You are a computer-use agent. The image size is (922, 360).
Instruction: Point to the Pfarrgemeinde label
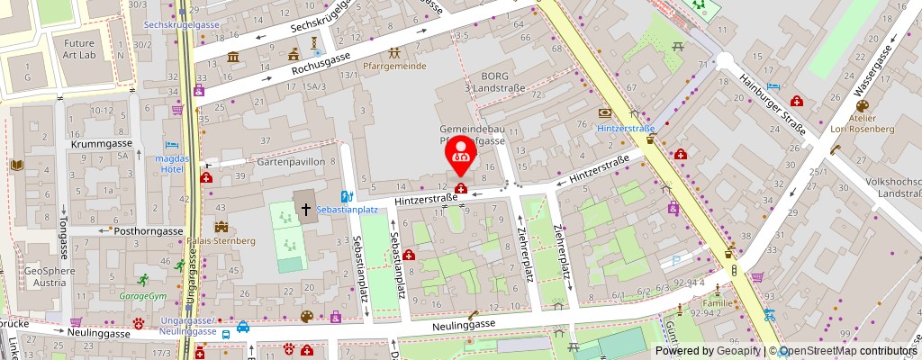(x=394, y=67)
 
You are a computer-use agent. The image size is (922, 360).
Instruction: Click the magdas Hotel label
(x=171, y=164)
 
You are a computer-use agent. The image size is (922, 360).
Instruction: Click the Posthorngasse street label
(x=149, y=230)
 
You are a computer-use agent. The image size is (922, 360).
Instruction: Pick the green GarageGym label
(x=144, y=295)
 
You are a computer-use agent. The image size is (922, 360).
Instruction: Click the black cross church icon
(x=305, y=208)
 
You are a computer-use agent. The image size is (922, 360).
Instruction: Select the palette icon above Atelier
(x=862, y=106)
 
